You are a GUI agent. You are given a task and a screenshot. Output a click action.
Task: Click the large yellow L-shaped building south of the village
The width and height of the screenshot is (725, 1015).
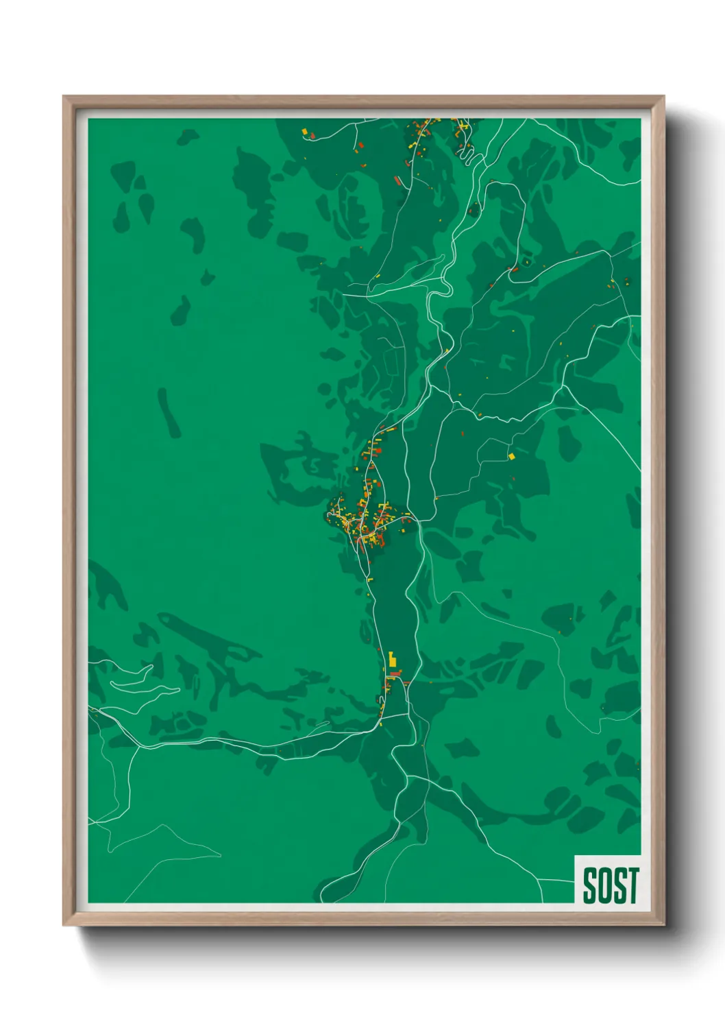click(x=392, y=660)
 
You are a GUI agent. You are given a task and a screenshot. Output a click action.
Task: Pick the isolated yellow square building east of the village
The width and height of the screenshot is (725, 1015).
click(x=511, y=455)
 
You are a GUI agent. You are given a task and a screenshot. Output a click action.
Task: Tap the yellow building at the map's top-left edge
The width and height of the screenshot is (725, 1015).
click(x=304, y=130)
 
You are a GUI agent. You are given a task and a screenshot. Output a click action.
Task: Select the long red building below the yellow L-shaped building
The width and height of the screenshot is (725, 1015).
click(x=395, y=675)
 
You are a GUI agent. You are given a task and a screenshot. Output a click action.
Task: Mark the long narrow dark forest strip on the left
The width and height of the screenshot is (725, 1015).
click(x=169, y=414)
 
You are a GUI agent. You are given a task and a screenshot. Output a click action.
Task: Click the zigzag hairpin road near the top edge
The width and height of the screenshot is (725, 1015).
click(x=466, y=153)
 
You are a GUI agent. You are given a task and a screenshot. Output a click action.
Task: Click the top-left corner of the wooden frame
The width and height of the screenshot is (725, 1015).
click(x=64, y=97)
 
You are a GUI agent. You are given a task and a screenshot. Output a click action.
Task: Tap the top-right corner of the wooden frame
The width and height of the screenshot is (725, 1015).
click(x=663, y=97)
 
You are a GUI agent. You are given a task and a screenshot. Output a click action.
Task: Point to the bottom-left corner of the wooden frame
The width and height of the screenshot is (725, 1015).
click(x=64, y=924)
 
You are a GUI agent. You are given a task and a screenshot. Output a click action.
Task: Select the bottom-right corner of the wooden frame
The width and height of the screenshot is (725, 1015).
click(x=663, y=924)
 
